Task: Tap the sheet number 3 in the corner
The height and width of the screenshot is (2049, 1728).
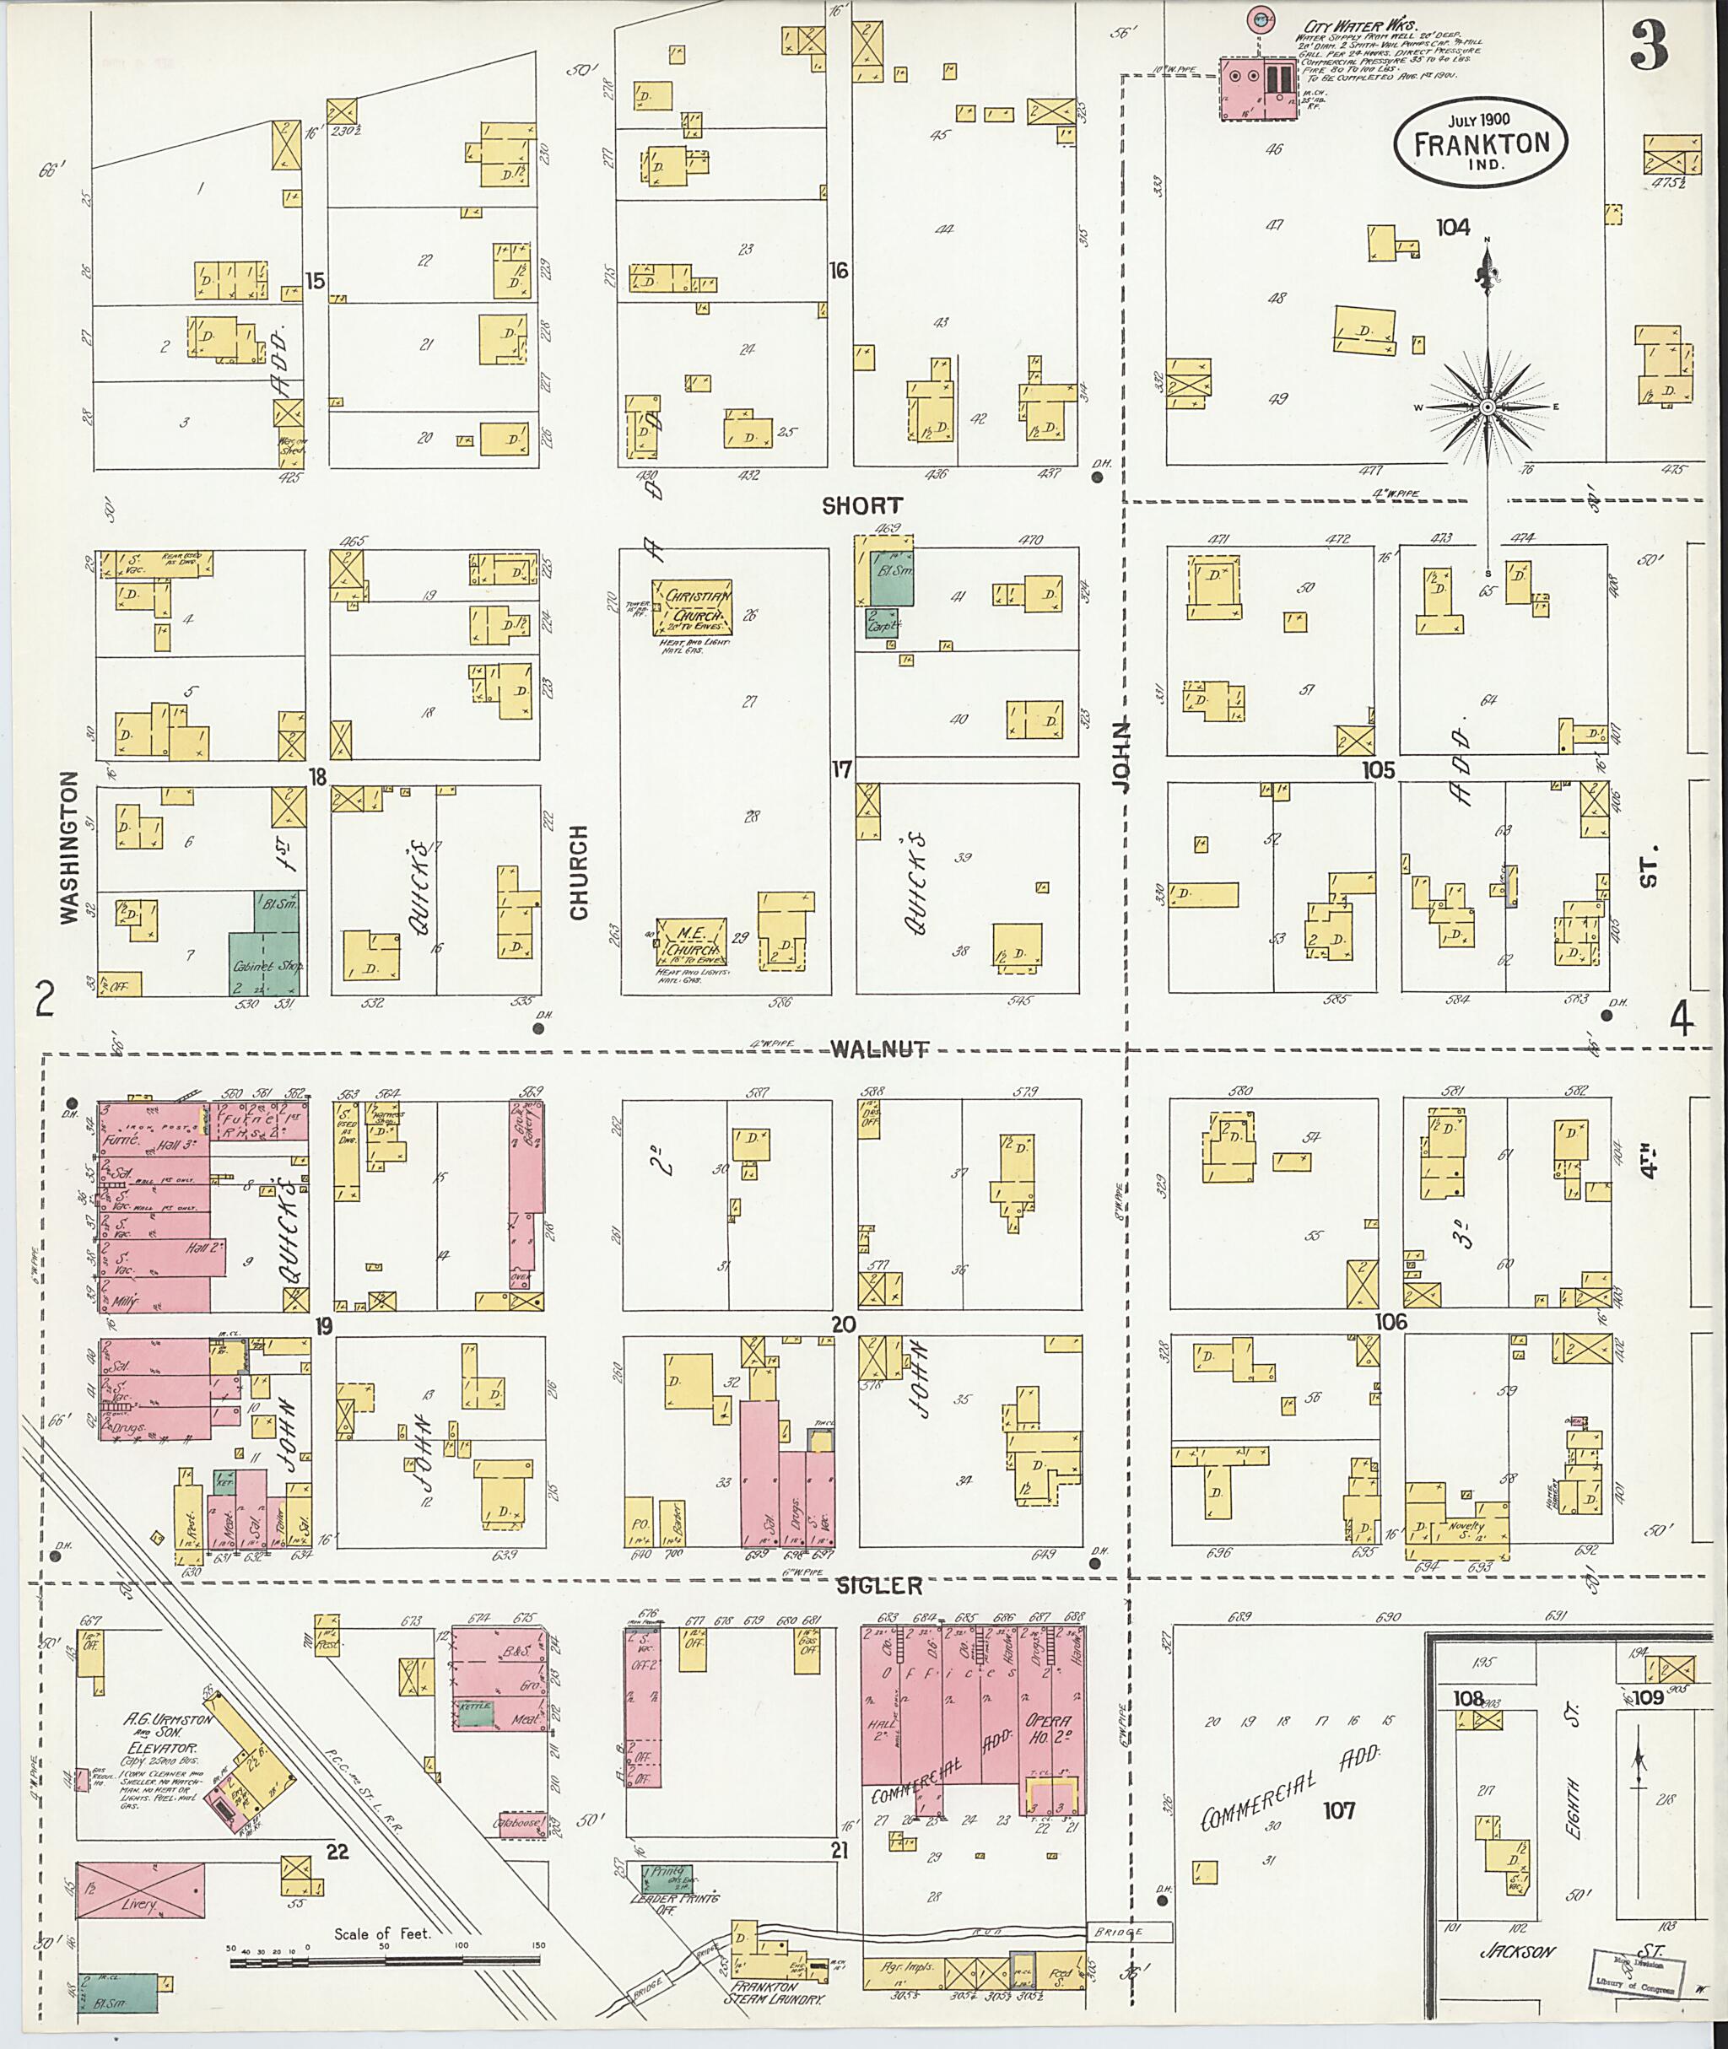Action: point(1650,46)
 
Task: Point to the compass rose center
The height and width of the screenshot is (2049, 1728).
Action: point(1487,406)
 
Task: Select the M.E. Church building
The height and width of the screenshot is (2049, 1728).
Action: point(692,942)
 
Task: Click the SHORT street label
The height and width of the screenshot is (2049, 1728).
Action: point(862,505)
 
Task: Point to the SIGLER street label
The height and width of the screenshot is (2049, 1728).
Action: point(878,1586)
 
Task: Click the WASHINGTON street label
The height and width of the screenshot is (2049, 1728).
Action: point(68,847)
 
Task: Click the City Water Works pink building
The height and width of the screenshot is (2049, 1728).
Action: point(1258,88)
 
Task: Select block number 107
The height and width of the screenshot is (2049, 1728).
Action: point(1338,1810)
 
